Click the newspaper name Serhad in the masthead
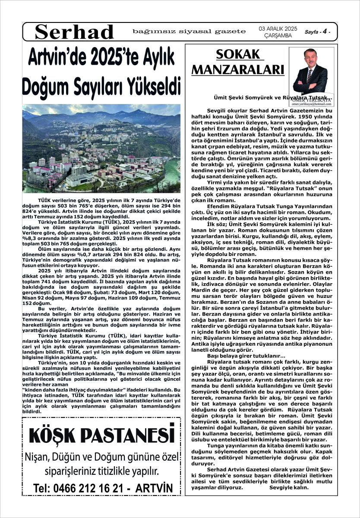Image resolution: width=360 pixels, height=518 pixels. pos(75,32)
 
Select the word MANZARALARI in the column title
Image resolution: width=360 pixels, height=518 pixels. pos(238,69)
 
